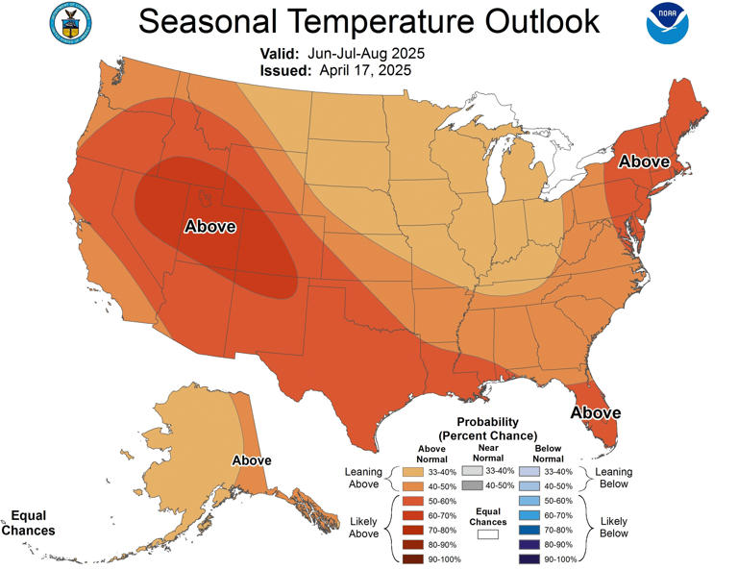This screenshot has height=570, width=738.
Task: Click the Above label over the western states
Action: click(x=209, y=227)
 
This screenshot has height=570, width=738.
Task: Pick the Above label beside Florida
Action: click(x=596, y=412)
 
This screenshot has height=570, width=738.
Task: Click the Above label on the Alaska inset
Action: click(x=252, y=460)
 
